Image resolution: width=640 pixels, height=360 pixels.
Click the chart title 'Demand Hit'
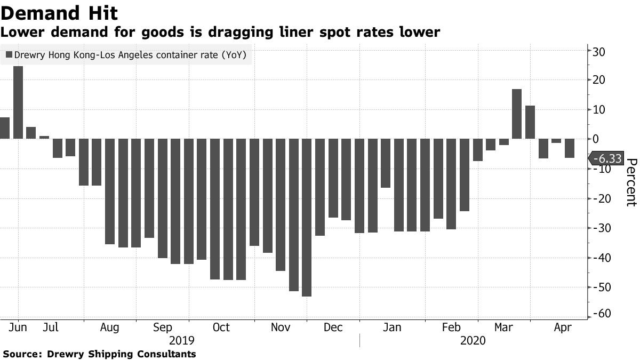pos(59,13)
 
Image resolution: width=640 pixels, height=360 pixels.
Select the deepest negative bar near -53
pos(307,218)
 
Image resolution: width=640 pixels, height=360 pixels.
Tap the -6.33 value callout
pos(606,159)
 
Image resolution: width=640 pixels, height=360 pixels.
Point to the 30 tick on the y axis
pos(597,52)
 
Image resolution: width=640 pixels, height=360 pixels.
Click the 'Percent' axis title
pos(631,182)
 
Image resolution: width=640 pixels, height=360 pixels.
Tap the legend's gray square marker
pos(9,55)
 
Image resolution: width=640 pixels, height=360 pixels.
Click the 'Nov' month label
pos(281,327)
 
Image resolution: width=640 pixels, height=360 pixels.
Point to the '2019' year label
pos(181,340)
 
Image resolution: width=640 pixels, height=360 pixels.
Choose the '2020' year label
pos(473,340)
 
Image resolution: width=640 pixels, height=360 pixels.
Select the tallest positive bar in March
pos(516,114)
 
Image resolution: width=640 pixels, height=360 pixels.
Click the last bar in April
pos(569,148)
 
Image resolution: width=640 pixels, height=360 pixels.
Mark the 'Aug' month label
pos(109,327)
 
